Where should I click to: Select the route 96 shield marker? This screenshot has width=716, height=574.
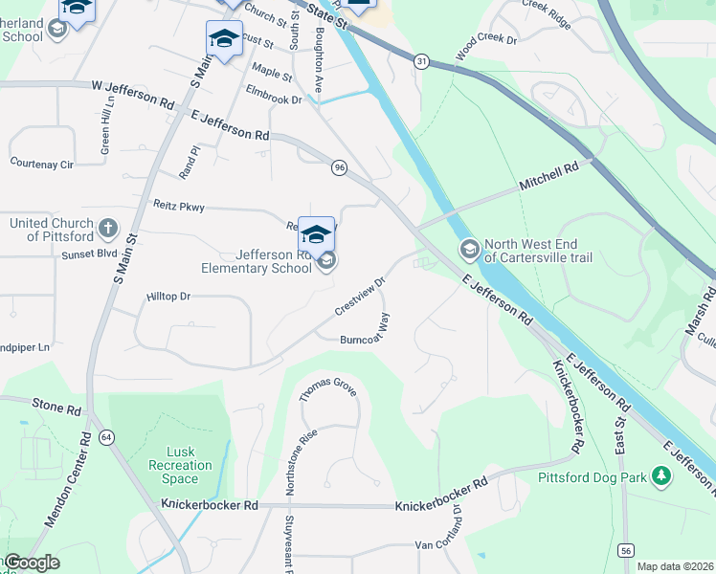[340, 167]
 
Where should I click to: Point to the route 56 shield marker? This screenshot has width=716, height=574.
[626, 550]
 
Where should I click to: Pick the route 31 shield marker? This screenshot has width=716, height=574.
[421, 60]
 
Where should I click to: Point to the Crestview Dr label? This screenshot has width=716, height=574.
[359, 298]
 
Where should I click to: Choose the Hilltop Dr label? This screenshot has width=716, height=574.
[169, 297]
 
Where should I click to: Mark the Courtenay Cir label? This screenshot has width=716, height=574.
[41, 164]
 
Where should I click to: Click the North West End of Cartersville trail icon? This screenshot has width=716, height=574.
[469, 250]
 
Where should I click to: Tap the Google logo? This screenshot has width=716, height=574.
[32, 562]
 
